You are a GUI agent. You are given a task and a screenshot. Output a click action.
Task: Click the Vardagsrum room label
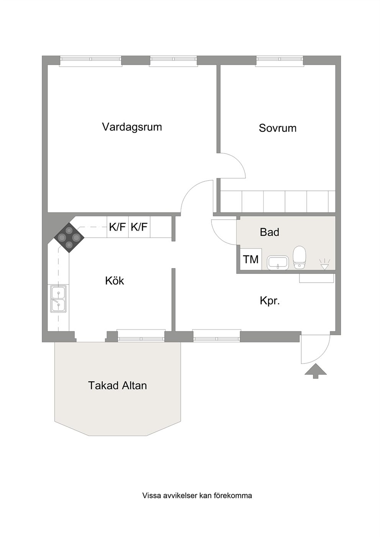pyautogui.click(x=132, y=127)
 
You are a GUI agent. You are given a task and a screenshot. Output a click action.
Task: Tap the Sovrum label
pyautogui.click(x=278, y=128)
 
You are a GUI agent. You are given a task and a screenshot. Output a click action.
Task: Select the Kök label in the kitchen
pyautogui.click(x=115, y=281)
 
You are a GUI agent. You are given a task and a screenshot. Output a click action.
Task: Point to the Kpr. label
pyautogui.click(x=270, y=301)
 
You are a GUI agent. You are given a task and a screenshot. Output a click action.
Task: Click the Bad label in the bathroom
pyautogui.click(x=269, y=232)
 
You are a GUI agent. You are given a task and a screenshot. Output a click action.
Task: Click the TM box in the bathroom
pyautogui.click(x=251, y=259)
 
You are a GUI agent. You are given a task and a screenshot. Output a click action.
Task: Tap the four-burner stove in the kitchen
pyautogui.click(x=69, y=237)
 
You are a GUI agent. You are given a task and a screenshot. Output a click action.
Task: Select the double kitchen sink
pyautogui.click(x=59, y=299)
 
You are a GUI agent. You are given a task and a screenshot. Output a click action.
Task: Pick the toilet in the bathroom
pyautogui.click(x=299, y=257)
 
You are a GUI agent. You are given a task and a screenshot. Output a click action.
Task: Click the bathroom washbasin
pyautogui.click(x=278, y=262)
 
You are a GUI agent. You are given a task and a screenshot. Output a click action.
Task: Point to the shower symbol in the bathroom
pyautogui.click(x=324, y=265)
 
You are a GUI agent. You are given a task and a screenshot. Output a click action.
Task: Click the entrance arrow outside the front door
pyautogui.click(x=316, y=371)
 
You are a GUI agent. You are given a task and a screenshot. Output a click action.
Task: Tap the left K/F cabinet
pyautogui.click(x=118, y=227)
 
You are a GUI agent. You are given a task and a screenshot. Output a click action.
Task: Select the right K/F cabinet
pyautogui.click(x=139, y=227)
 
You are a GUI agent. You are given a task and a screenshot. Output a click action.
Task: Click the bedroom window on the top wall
pyautogui.click(x=280, y=60)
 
